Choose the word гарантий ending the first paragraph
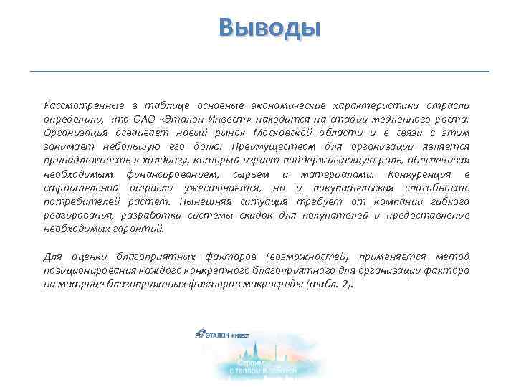click(x=144, y=229)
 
